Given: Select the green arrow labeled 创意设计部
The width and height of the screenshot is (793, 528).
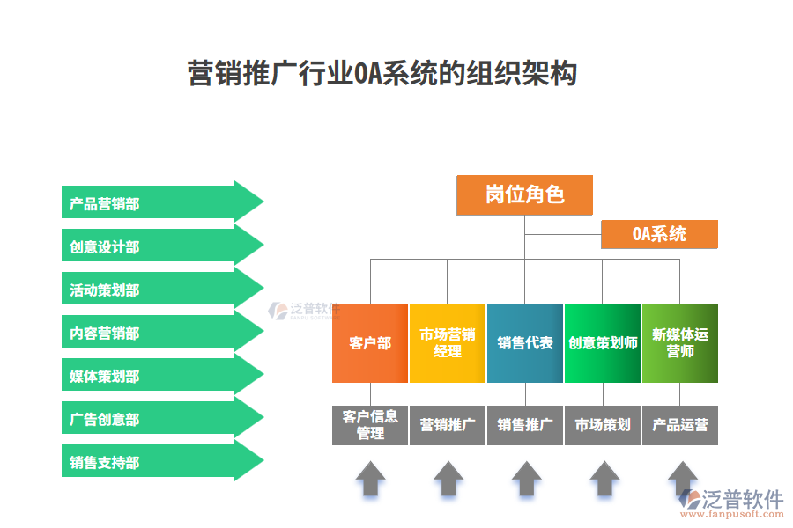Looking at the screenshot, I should point(159,246).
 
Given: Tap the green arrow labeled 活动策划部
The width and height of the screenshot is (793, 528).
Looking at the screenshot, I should point(159,290).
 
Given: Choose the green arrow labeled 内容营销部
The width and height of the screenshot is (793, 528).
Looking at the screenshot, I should point(159,333).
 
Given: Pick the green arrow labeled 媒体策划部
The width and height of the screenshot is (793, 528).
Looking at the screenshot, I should point(159,376).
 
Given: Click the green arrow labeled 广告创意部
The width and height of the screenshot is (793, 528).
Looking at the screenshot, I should point(159,419).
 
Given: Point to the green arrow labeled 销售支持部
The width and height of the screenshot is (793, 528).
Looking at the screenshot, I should point(159,462).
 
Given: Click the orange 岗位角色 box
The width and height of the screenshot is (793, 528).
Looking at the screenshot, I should point(524,194).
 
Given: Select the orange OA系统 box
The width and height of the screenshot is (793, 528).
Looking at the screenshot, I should point(659,234).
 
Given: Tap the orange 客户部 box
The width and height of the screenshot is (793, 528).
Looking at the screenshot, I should point(370,343).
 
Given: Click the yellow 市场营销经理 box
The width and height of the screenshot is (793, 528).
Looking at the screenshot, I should point(448,343).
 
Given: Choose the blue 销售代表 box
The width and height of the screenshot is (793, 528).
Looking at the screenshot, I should point(525,343).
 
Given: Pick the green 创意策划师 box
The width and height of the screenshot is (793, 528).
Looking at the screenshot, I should point(603,343).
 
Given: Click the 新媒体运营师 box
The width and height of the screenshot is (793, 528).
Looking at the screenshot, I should point(679,343).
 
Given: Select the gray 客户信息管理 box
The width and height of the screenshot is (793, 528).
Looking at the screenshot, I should point(370,425).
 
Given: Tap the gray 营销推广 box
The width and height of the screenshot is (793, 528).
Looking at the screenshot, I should point(448,425).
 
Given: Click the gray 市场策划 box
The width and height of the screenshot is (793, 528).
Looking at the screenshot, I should point(603,425).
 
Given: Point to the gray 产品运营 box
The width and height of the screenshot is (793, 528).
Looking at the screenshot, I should point(679,425).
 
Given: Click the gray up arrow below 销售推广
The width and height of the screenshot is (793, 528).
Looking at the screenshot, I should point(526,479).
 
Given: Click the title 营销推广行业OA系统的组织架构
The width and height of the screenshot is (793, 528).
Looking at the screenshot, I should point(382,73).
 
